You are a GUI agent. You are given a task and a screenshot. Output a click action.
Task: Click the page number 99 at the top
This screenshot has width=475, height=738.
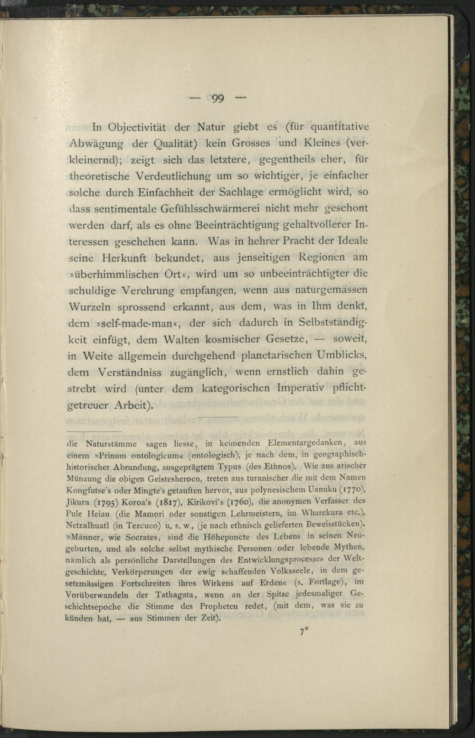point(218,99)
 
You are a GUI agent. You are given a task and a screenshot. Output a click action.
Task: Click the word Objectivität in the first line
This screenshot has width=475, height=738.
point(137,127)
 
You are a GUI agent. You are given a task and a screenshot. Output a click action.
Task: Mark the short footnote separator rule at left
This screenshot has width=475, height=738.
point(94,431)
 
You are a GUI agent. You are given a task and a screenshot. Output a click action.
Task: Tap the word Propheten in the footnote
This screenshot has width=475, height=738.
point(219,607)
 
